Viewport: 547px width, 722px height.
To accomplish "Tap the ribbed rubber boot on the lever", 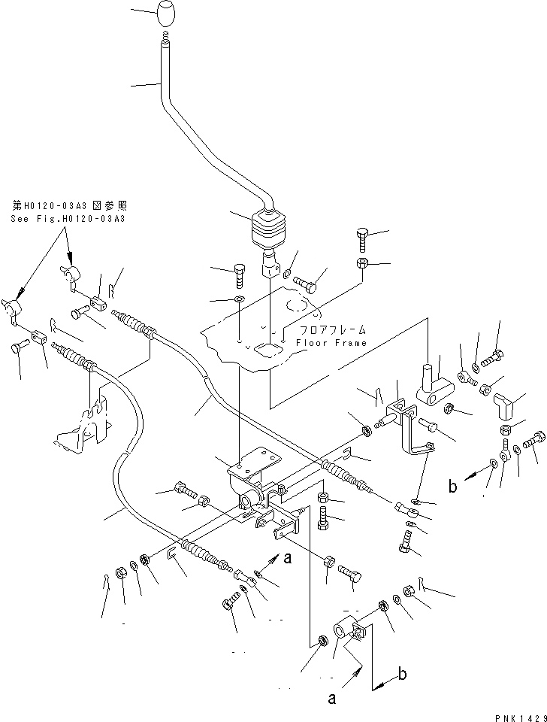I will (x=266, y=232).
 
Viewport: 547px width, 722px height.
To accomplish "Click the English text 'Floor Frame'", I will (x=331, y=343).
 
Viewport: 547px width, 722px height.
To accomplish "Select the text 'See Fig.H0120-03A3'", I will (x=68, y=218).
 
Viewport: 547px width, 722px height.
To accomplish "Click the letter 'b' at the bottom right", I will (x=403, y=674).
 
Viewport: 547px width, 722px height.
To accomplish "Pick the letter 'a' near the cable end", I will (x=288, y=557).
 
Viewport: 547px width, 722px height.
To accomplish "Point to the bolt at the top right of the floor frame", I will (x=361, y=240).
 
